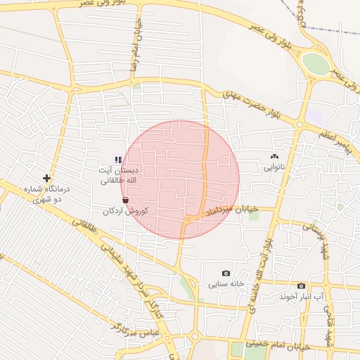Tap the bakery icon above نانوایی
point(274,157)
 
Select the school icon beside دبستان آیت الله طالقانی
point(119,160)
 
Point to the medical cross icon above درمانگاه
point(46,179)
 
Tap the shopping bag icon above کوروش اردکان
point(125,200)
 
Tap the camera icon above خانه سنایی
point(226,274)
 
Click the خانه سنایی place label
point(226,285)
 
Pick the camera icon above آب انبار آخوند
point(301,285)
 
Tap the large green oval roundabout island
point(316,64)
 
